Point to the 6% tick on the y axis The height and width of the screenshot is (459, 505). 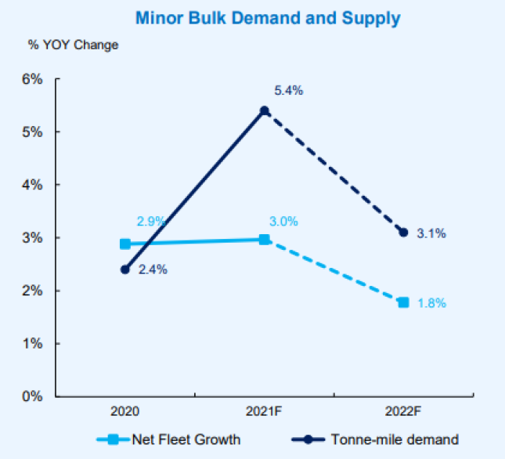pyautogui.click(x=31, y=79)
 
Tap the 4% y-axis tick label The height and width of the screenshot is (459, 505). pyautogui.click(x=31, y=185)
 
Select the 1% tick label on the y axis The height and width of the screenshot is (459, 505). pyautogui.click(x=31, y=343)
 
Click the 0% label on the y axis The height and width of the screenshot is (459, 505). pyautogui.click(x=31, y=396)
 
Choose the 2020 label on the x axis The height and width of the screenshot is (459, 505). pyautogui.click(x=125, y=410)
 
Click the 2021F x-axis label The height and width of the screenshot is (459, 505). pyautogui.click(x=265, y=410)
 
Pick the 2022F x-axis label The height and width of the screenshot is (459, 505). pyautogui.click(x=404, y=410)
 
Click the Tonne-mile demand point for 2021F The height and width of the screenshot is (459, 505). pyautogui.click(x=265, y=110)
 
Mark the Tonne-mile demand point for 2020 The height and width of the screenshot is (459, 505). pyautogui.click(x=125, y=269)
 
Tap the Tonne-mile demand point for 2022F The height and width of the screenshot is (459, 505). pyautogui.click(x=404, y=232)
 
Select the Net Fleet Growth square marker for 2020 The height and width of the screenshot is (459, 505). pyautogui.click(x=125, y=244)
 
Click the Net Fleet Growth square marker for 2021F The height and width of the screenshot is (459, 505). pyautogui.click(x=265, y=239)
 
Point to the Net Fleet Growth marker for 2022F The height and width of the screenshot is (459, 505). pyautogui.click(x=404, y=302)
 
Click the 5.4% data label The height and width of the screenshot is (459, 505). pyautogui.click(x=287, y=91)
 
